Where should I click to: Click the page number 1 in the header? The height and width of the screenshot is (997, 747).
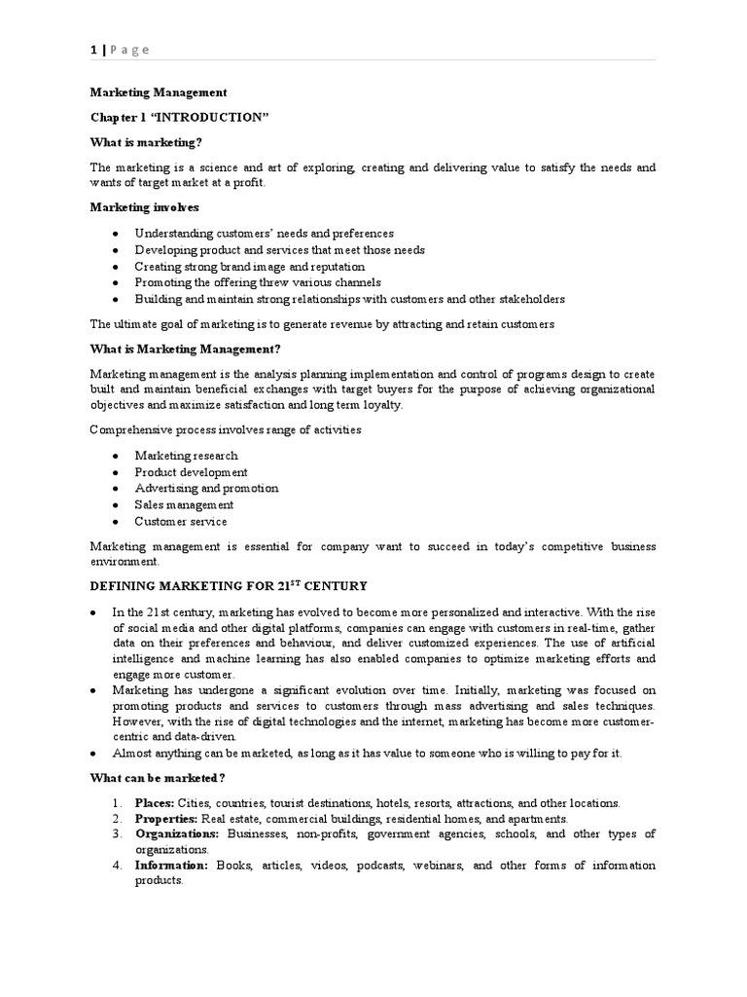pyautogui.click(x=93, y=51)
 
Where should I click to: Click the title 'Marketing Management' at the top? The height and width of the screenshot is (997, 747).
pyautogui.click(x=159, y=92)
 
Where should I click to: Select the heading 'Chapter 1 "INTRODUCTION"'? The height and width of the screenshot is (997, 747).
pyautogui.click(x=178, y=117)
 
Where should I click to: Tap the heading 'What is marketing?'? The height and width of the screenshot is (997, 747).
pyautogui.click(x=146, y=142)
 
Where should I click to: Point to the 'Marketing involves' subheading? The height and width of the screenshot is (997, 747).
pyautogui.click(x=144, y=207)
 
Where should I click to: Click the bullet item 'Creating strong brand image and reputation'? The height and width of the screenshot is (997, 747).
pyautogui.click(x=250, y=266)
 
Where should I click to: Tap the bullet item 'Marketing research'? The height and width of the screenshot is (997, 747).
pyautogui.click(x=186, y=456)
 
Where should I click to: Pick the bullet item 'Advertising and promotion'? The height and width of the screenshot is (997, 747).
pyautogui.click(x=206, y=489)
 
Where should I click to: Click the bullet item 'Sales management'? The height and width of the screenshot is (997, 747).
pyautogui.click(x=184, y=505)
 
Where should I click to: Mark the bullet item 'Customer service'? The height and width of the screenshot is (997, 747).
pyautogui.click(x=181, y=522)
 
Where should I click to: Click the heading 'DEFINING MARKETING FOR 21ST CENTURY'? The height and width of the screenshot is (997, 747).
pyautogui.click(x=229, y=585)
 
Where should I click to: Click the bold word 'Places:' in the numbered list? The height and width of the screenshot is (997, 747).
pyautogui.click(x=155, y=803)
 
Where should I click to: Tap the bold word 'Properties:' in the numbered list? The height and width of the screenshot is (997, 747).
pyautogui.click(x=164, y=819)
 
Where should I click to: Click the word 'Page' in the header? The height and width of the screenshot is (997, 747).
pyautogui.click(x=129, y=51)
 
